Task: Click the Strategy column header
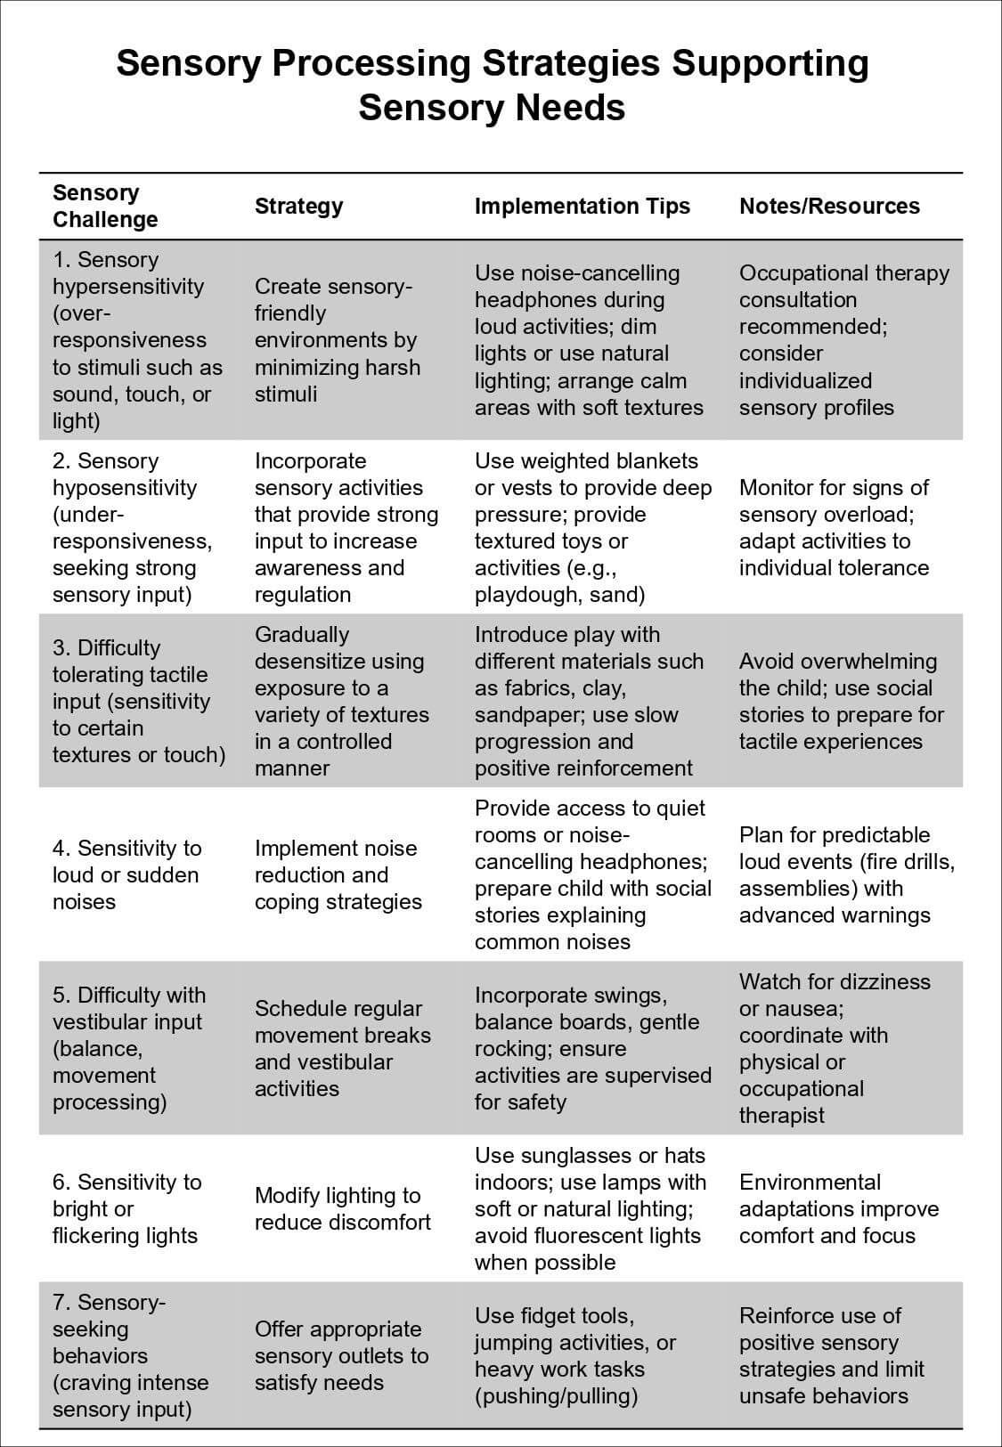pyautogui.click(x=298, y=207)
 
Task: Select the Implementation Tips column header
pyautogui.click(x=582, y=207)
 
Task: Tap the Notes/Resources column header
pyautogui.click(x=829, y=207)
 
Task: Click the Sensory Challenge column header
pyautogui.click(x=105, y=207)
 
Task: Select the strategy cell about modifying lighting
pyautogui.click(x=342, y=1208)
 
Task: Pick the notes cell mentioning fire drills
pyautogui.click(x=846, y=874)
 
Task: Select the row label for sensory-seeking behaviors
pyautogui.click(x=130, y=1355)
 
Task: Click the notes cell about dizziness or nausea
pyautogui.click(x=835, y=1048)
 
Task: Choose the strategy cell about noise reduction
pyautogui.click(x=338, y=874)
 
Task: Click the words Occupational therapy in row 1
pyautogui.click(x=843, y=273)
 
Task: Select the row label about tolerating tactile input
pyautogui.click(x=138, y=701)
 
